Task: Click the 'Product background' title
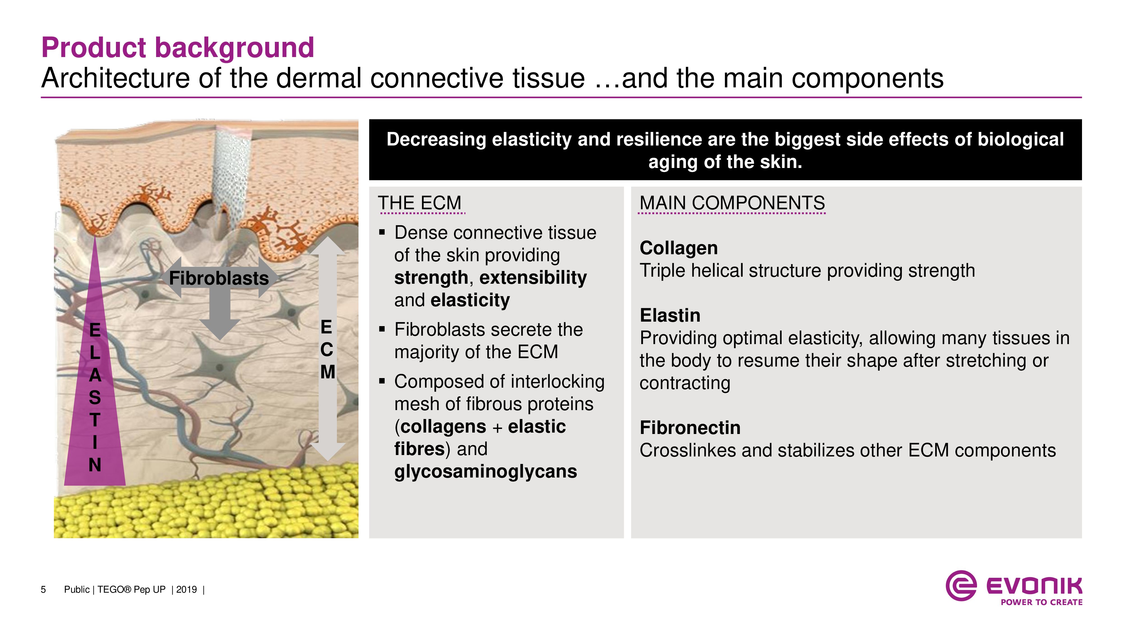177,48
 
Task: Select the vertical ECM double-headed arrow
328,349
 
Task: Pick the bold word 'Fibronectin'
690,428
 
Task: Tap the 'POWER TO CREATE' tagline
1042,602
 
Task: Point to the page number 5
43,590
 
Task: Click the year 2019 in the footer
187,590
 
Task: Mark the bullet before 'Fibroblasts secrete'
382,329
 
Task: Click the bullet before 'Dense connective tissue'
382,233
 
